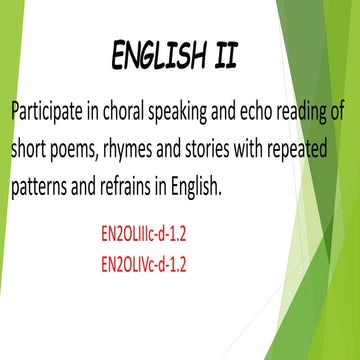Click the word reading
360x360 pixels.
(311, 111)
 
